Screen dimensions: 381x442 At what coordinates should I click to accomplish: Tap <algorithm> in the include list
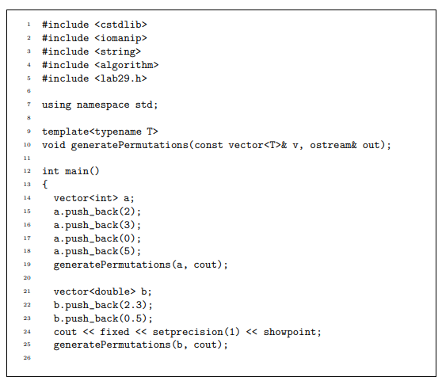point(128,65)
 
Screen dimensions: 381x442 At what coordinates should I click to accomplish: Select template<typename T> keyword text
point(100,131)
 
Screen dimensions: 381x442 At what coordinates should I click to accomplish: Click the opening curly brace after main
point(45,185)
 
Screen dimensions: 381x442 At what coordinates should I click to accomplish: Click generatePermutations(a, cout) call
point(140,265)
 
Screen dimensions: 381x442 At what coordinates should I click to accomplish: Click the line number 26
point(27,359)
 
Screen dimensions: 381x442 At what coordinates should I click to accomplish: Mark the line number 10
point(27,145)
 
